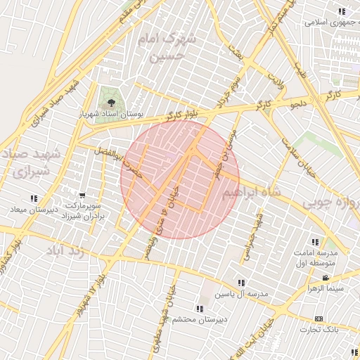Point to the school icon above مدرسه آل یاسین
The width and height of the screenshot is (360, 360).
(241, 283)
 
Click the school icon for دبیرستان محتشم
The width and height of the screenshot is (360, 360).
(200, 309)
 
